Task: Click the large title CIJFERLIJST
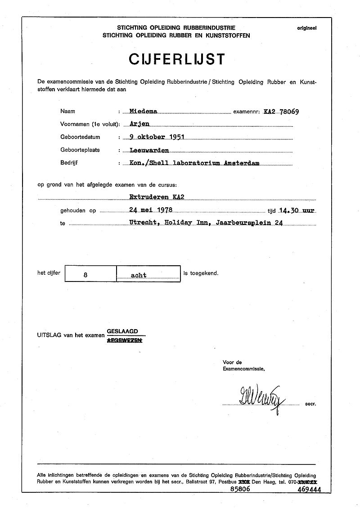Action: click(x=176, y=59)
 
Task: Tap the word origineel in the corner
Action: click(x=306, y=28)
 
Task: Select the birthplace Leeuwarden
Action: click(x=149, y=150)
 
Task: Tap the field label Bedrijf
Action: click(x=69, y=163)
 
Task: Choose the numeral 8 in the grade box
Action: click(x=91, y=275)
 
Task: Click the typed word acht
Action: click(x=139, y=275)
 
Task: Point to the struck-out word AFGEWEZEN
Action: click(x=124, y=341)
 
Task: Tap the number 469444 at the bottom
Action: click(x=309, y=491)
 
